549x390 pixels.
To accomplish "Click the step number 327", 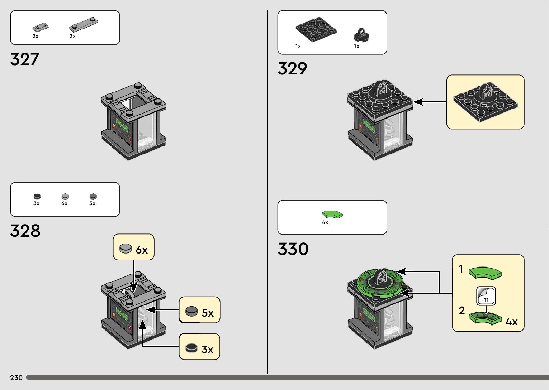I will tap(24, 59).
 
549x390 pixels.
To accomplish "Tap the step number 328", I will tap(25, 231).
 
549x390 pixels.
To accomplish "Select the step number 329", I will tap(292, 68).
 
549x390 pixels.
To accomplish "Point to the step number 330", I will tap(293, 249).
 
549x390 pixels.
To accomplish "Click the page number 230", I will tap(16, 377).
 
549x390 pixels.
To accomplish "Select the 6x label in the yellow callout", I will tap(142, 250).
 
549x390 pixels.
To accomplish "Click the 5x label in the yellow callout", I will tap(208, 313).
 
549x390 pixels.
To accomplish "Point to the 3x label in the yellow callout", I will tap(208, 349).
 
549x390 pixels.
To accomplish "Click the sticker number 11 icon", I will tap(486, 296).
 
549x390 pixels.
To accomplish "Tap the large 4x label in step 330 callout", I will tap(512, 322).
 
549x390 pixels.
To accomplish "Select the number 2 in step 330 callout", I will tap(462, 310).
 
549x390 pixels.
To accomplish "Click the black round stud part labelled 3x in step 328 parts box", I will tap(37, 196).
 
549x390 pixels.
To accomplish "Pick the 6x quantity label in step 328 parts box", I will tap(64, 203).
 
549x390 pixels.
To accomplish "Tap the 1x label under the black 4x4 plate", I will tap(298, 46).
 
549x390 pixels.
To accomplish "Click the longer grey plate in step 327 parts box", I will tap(83, 24).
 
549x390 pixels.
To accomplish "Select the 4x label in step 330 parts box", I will tap(325, 222).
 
